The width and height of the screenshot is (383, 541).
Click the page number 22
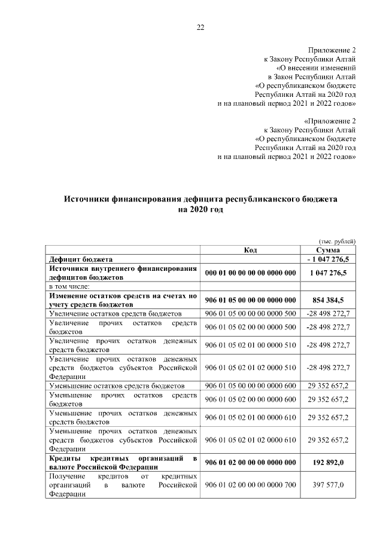pos(200,27)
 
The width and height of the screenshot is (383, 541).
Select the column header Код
pos(251,250)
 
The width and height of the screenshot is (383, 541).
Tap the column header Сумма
pos(329,250)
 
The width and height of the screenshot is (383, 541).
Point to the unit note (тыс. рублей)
pos(338,240)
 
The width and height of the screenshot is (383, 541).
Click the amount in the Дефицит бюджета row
pos(329,259)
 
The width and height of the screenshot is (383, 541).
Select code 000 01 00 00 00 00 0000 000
pos(251,273)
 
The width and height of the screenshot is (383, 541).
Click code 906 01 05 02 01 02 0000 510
pos(251,367)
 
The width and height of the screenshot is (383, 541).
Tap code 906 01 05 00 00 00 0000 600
pos(251,386)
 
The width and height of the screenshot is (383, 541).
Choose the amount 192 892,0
pos(329,463)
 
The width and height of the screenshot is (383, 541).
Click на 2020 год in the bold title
pos(200,210)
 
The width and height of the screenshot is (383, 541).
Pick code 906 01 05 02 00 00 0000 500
pos(251,327)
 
